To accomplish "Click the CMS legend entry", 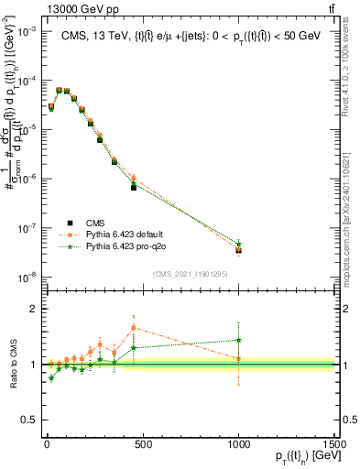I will coord(95,223).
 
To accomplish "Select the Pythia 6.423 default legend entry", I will coord(127,234).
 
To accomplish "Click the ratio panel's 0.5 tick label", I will coord(27,420).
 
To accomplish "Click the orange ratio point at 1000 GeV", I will coord(238,358).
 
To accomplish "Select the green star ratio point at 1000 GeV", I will coord(238,340).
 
